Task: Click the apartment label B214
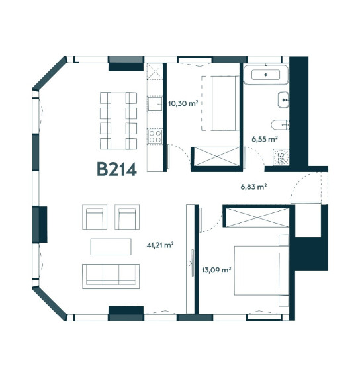tap(116, 169)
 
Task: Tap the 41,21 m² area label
tap(160, 245)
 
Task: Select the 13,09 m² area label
tap(216, 270)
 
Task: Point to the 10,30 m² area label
tap(183, 104)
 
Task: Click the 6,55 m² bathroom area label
tap(265, 139)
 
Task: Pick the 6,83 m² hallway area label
tap(253, 187)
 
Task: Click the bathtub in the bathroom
tap(265, 75)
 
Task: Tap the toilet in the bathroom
tap(280, 125)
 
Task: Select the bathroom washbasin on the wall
tap(283, 100)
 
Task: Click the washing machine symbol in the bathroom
tap(281, 157)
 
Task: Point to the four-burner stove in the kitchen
tap(155, 136)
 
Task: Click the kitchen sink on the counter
tap(155, 104)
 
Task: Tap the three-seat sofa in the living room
tap(111, 276)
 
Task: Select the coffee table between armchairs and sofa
tap(111, 247)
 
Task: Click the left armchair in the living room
tap(95, 217)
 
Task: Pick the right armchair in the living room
tap(127, 217)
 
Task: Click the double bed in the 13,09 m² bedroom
tap(261, 271)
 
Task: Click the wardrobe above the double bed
tap(257, 218)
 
